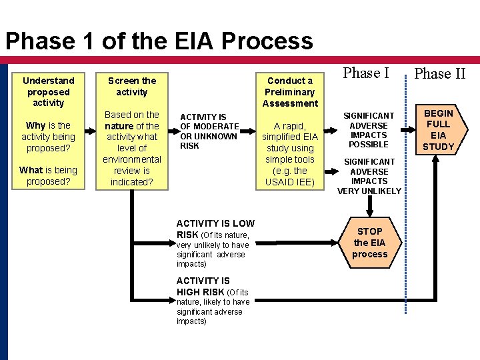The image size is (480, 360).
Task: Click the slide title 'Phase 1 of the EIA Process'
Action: pyautogui.click(x=159, y=41)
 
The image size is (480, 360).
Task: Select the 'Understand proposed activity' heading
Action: pyautogui.click(x=48, y=91)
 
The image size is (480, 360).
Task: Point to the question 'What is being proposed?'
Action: pyautogui.click(x=48, y=176)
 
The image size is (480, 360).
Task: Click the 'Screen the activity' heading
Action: pyautogui.click(x=131, y=86)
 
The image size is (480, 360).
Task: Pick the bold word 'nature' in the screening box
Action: pyautogui.click(x=119, y=126)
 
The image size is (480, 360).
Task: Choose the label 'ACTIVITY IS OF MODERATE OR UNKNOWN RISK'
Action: pyautogui.click(x=209, y=131)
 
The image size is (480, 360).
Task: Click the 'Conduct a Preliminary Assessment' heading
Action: pyautogui.click(x=290, y=92)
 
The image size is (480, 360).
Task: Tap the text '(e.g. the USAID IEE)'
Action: pyautogui.click(x=289, y=177)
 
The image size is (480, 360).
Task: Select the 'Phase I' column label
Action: pyautogui.click(x=367, y=73)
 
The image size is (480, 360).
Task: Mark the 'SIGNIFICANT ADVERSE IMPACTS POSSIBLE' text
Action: pyautogui.click(x=369, y=130)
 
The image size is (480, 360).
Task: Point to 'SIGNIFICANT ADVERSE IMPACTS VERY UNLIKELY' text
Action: pyautogui.click(x=369, y=176)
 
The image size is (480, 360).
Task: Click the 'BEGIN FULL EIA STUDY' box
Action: pyautogui.click(x=438, y=130)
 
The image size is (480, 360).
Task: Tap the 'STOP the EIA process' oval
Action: pyautogui.click(x=369, y=243)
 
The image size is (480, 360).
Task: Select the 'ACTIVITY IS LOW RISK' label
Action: pyautogui.click(x=215, y=229)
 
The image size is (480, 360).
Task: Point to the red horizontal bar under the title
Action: pyautogui.click(x=240, y=61)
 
